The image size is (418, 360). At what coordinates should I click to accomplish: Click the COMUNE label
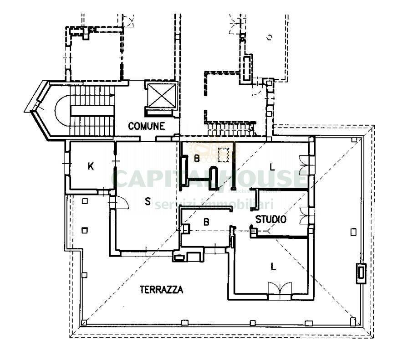coord(146,126)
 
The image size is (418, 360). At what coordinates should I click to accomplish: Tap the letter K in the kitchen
coord(91,166)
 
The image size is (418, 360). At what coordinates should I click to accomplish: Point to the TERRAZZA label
coord(161,289)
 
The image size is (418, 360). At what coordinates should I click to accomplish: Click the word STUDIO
coord(270,219)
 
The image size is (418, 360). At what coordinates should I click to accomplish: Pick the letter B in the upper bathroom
coord(197,159)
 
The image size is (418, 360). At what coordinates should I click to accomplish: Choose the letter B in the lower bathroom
coord(206,222)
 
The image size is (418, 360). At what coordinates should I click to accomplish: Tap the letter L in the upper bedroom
coord(272,167)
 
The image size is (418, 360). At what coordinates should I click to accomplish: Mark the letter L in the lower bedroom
coord(273,267)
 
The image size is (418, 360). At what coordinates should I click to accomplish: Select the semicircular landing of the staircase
coord(62,110)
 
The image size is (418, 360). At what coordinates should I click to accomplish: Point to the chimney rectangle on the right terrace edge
coord(361,273)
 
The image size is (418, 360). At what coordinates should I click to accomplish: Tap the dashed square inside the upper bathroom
coord(223,155)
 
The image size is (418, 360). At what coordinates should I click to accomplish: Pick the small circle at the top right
coord(269,36)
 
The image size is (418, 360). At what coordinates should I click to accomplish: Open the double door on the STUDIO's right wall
coord(304,215)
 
